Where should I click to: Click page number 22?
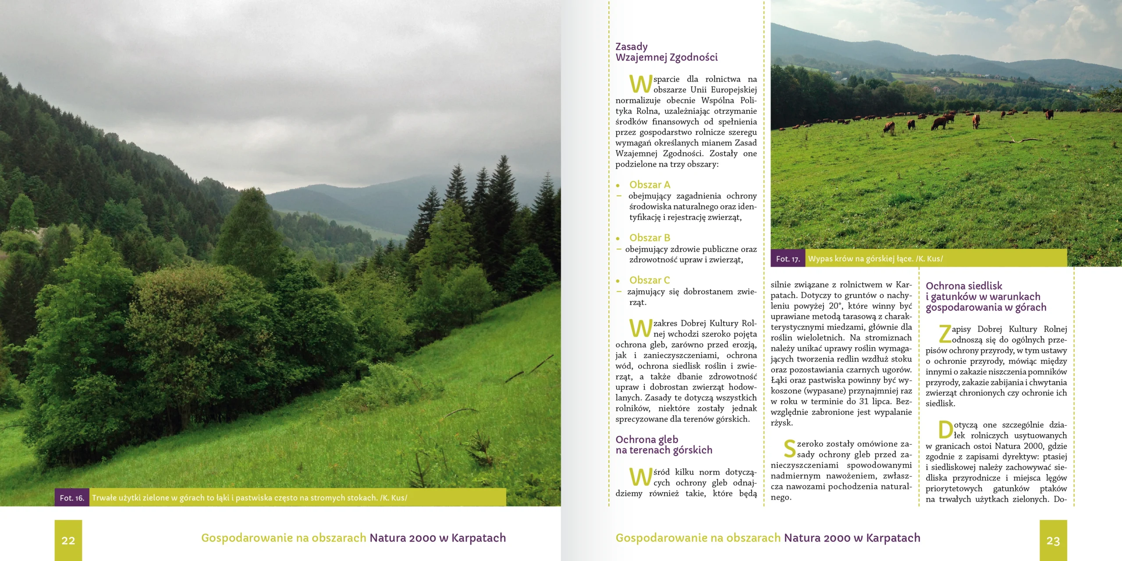(68, 540)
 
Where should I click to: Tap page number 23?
(1053, 540)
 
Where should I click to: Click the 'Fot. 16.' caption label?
(72, 498)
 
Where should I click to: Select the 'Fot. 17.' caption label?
(788, 259)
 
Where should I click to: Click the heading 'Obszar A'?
(650, 185)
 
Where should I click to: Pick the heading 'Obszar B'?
(650, 238)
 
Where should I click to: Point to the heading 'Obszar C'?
(650, 280)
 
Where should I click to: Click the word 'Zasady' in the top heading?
(631, 47)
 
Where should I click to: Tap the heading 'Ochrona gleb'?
(646, 440)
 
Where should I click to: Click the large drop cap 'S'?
(789, 449)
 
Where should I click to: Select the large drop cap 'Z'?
(944, 334)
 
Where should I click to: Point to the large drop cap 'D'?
(945, 430)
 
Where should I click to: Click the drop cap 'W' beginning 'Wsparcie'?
(640, 84)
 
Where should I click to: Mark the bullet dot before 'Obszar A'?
(618, 186)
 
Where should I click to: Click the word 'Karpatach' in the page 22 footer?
(479, 538)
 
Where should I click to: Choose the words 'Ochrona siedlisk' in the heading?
(964, 286)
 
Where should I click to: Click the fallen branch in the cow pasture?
(1021, 140)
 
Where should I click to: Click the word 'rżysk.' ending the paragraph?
(782, 423)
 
